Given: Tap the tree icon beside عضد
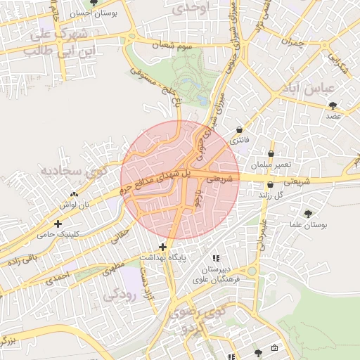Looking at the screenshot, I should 333,105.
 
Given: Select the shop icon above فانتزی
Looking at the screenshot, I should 241,131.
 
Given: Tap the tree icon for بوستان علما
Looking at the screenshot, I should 308,214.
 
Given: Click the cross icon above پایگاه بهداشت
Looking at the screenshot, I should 163,247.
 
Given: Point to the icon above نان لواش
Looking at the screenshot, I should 75,193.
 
